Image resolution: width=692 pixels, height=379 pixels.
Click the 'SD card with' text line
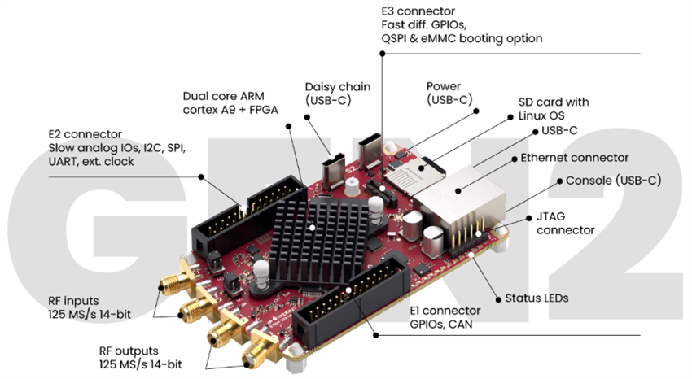(x=554, y=102)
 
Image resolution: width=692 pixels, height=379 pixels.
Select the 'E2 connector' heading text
(x=85, y=134)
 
